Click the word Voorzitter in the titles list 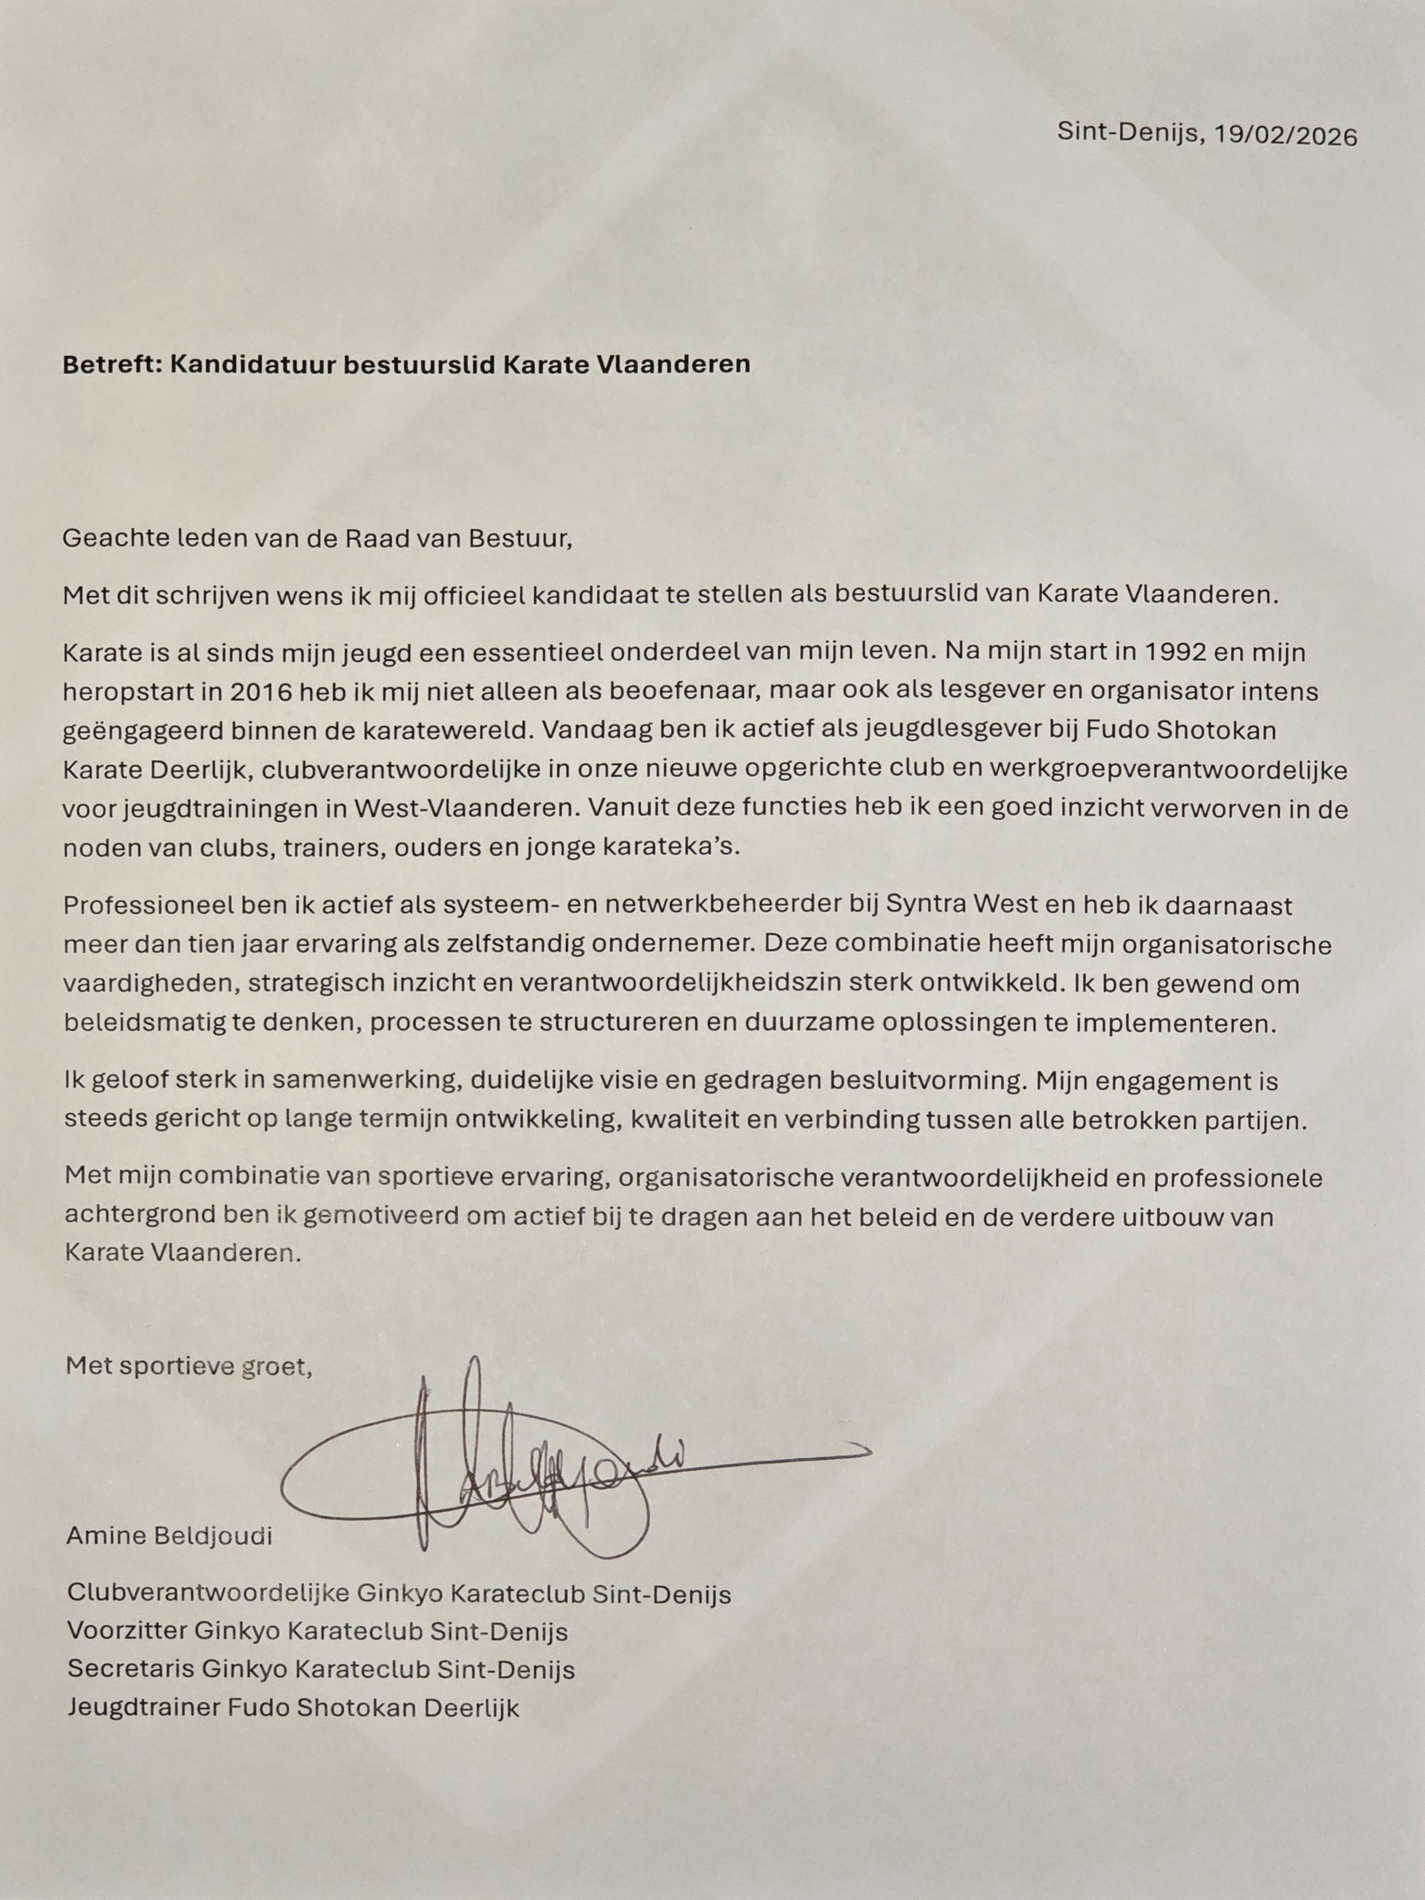pos(127,1631)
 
